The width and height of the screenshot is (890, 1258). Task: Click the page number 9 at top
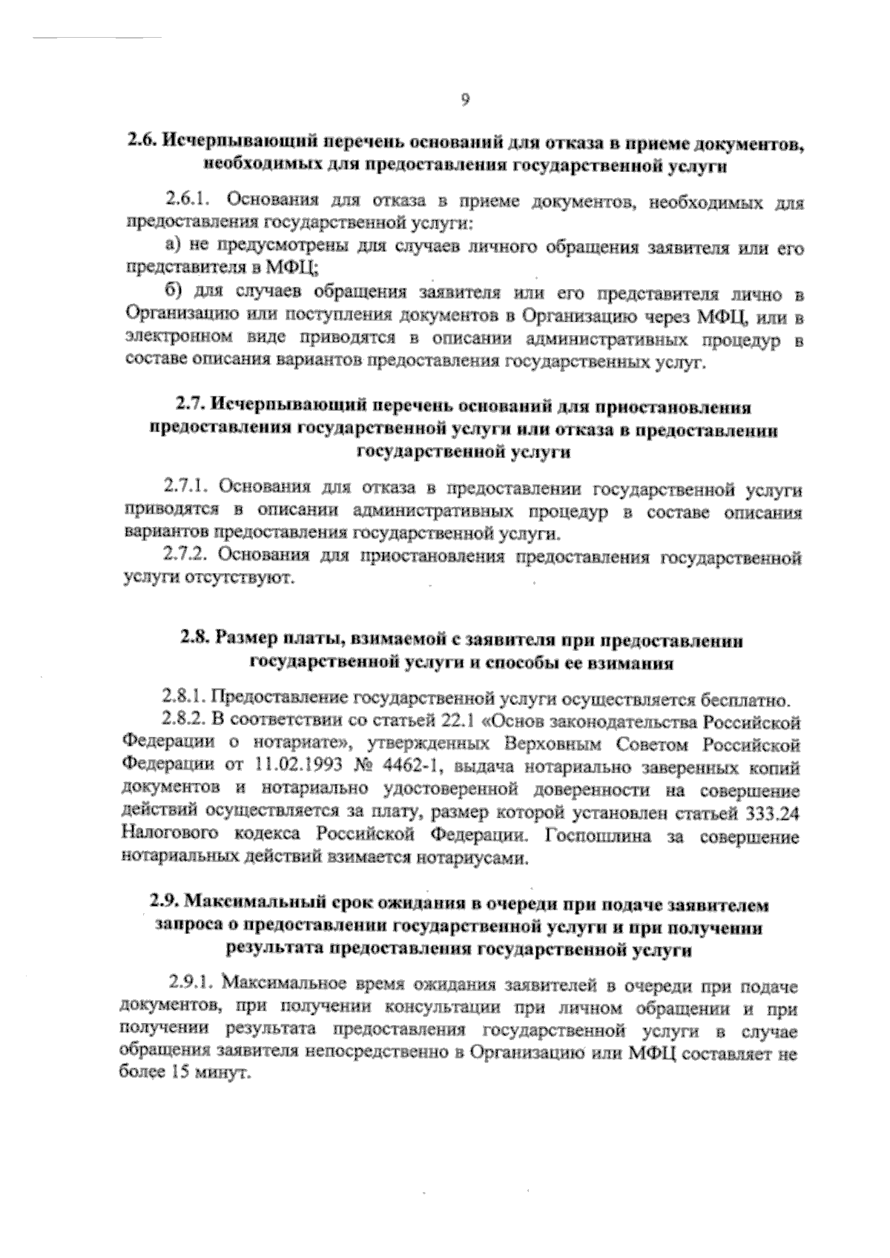(464, 102)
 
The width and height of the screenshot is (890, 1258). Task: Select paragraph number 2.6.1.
(188, 200)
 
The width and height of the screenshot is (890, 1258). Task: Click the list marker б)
(172, 295)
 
